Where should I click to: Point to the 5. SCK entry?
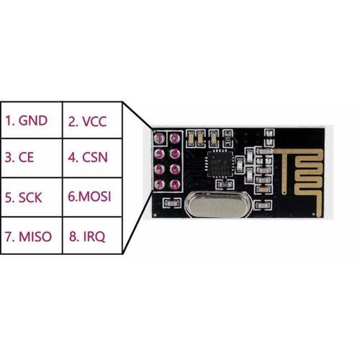(x=23, y=197)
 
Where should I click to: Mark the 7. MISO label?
(x=28, y=236)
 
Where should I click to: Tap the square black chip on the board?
(x=220, y=161)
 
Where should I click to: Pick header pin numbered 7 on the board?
(x=159, y=184)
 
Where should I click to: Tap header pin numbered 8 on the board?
(x=175, y=184)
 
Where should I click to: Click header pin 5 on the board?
(x=159, y=169)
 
